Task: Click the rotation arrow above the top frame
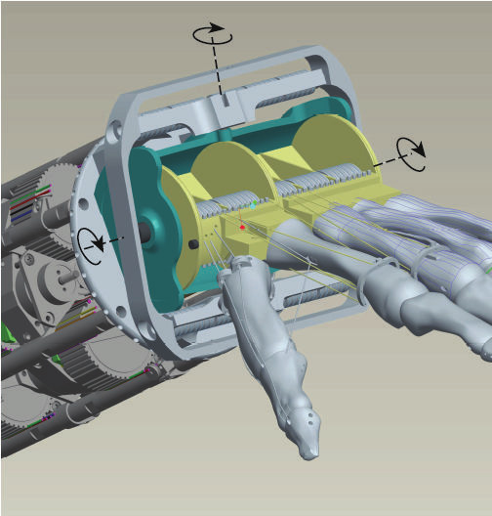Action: pyautogui.click(x=213, y=34)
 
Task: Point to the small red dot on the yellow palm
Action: pyautogui.click(x=243, y=227)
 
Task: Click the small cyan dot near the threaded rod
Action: pyautogui.click(x=253, y=206)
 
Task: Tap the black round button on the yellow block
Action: pyautogui.click(x=194, y=242)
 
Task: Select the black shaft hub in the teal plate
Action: pyautogui.click(x=144, y=232)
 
